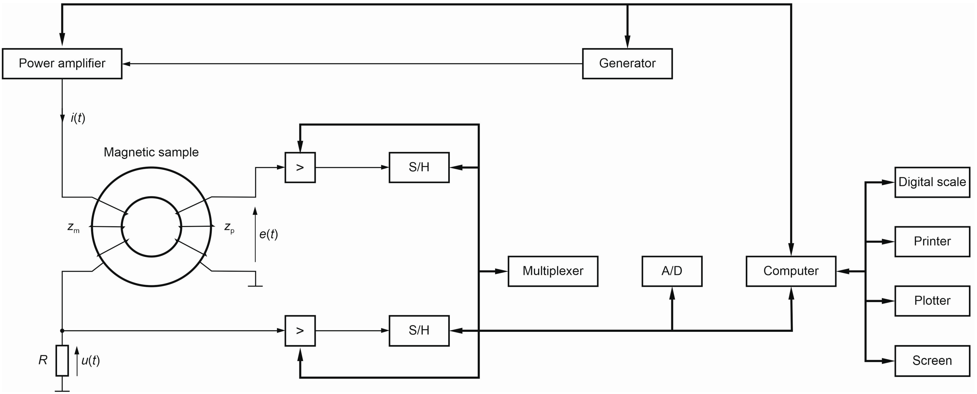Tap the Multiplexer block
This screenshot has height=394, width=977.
[x=553, y=271]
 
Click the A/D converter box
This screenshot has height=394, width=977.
[x=672, y=271]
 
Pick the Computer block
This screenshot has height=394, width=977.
[x=791, y=271]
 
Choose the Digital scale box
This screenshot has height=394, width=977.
[x=932, y=182]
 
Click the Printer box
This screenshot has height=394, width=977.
[x=932, y=241]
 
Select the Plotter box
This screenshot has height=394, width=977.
[x=932, y=301]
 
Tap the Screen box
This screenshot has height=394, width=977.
[x=932, y=361]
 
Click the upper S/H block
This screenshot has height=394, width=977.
[x=419, y=167]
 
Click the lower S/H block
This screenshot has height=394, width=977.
[x=419, y=331]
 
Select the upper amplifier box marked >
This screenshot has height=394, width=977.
[x=300, y=167]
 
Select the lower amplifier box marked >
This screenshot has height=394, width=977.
[x=300, y=331]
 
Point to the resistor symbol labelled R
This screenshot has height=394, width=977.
[x=62, y=360]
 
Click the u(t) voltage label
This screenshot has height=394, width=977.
[x=91, y=360]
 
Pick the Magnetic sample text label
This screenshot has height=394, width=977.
[x=151, y=152]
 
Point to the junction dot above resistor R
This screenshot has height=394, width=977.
[x=62, y=331]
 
